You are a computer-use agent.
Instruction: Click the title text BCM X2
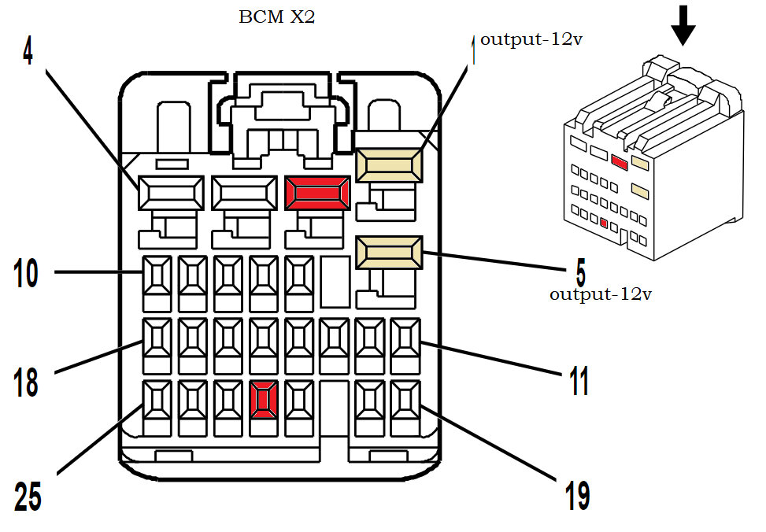pyautogui.click(x=276, y=17)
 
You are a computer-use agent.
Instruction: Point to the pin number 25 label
pyautogui.click(x=28, y=496)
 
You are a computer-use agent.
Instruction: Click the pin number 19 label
pyautogui.click(x=576, y=496)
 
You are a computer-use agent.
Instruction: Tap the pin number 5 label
pyautogui.click(x=580, y=272)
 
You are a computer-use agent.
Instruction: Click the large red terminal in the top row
pyautogui.click(x=316, y=193)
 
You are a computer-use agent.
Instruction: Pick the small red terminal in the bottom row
pyautogui.click(x=262, y=399)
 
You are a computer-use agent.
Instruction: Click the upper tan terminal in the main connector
pyautogui.click(x=390, y=166)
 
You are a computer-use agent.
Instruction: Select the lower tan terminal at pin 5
pyautogui.click(x=390, y=254)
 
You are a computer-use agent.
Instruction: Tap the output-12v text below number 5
pyautogui.click(x=601, y=294)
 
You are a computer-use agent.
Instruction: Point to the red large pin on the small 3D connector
pyautogui.click(x=619, y=162)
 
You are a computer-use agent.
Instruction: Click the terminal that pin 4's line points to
pyautogui.click(x=171, y=193)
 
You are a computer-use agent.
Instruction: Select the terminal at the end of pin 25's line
pyautogui.click(x=156, y=399)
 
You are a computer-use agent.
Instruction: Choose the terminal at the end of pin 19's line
pyautogui.click(x=406, y=399)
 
